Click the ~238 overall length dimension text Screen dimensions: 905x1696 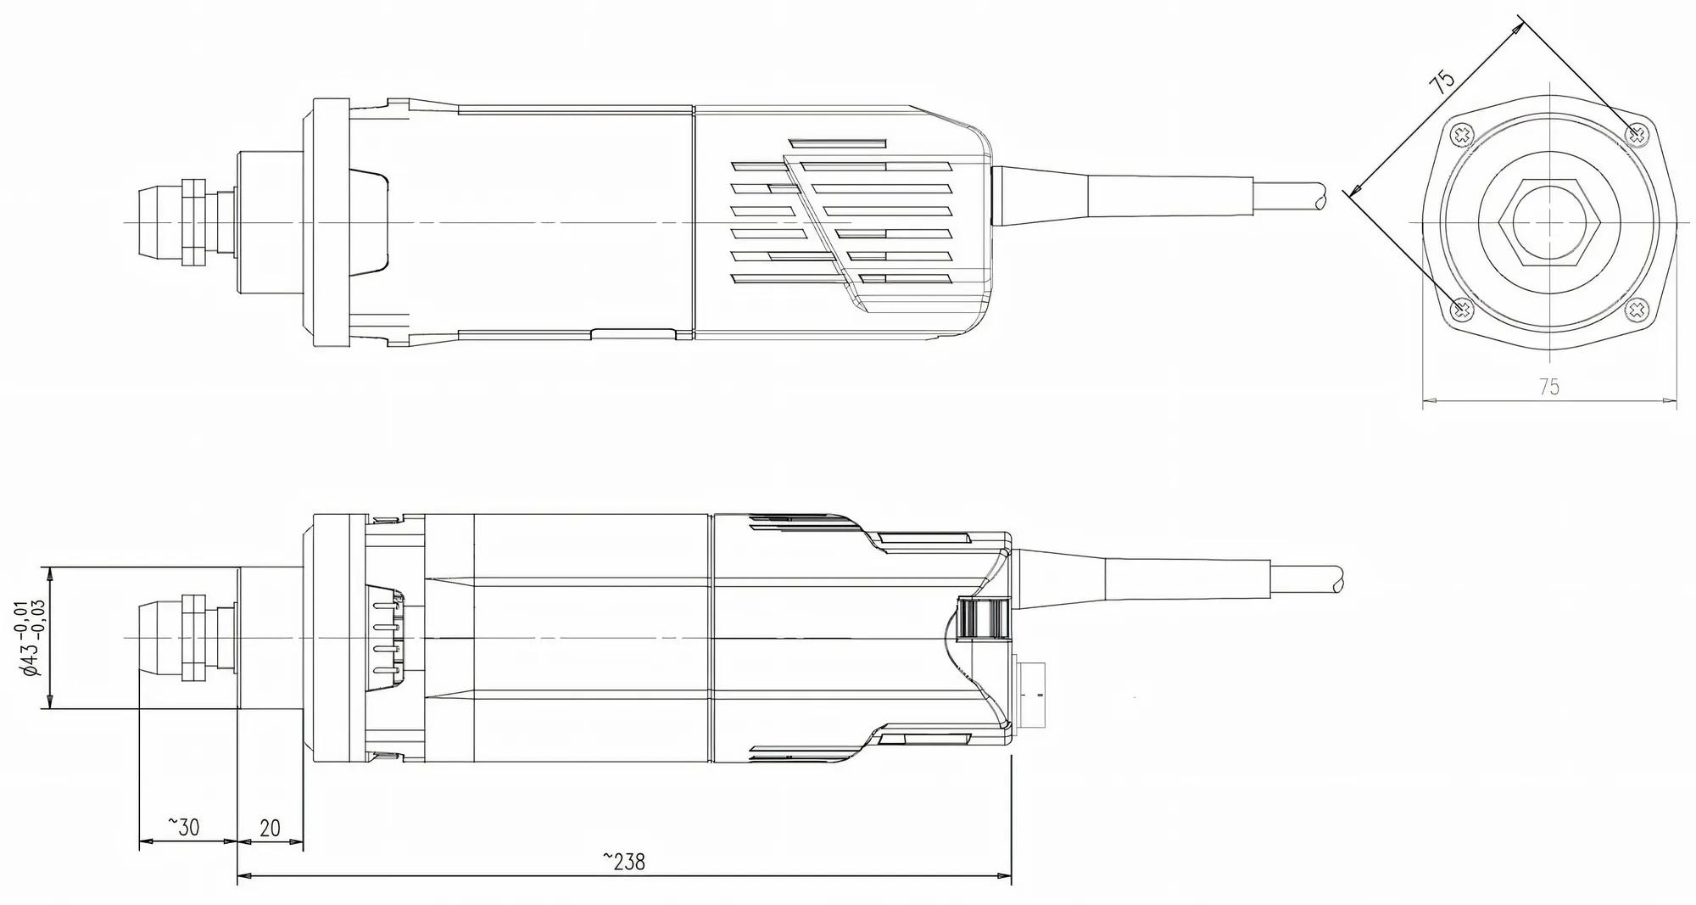coord(624,862)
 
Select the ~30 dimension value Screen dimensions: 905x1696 coord(183,827)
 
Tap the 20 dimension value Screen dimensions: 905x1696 coord(270,828)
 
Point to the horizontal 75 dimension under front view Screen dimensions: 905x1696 coord(1548,387)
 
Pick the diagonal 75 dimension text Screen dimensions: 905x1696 coord(1442,81)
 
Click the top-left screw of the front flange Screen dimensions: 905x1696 coord(1462,135)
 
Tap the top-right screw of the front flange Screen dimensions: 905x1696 coord(1637,134)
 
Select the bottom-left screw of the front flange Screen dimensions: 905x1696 coord(1462,310)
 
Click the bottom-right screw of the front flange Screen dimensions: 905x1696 coord(1637,310)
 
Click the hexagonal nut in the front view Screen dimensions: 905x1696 coord(1549,222)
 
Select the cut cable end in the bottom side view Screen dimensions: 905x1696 coord(1337,580)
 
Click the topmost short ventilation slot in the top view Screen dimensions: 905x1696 coord(836,142)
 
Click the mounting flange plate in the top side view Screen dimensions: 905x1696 coord(331,222)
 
